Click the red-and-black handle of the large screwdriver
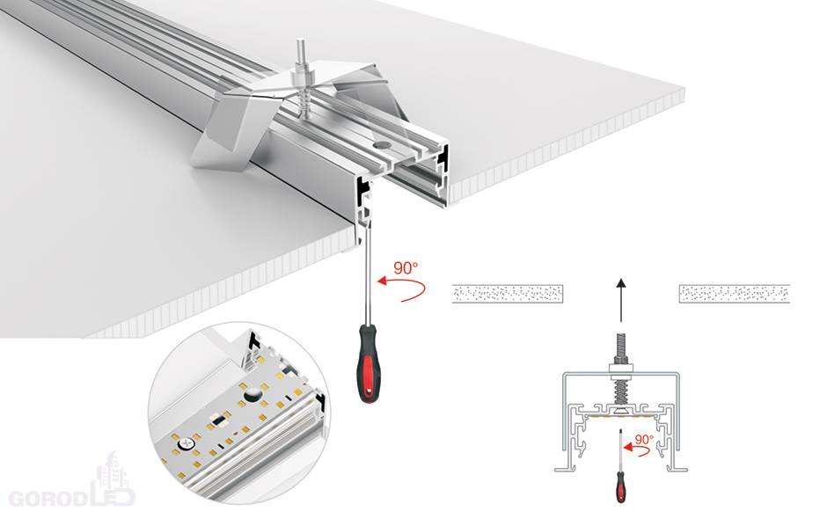[369, 363]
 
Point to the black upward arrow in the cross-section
[621, 300]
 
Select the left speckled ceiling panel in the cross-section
[508, 294]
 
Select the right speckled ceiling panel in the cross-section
[734, 294]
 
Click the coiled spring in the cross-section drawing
[619, 391]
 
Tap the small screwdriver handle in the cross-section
[621, 486]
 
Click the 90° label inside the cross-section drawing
[644, 439]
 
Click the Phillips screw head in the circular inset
[186, 443]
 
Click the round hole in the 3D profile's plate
[378, 143]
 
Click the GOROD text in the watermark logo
[48, 500]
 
